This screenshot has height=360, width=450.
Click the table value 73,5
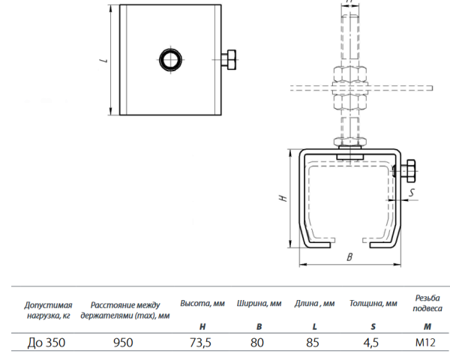200,343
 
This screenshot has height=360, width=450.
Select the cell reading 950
123,343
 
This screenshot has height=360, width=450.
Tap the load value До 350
46,343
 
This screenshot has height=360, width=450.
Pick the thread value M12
425,343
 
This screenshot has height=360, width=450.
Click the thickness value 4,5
370,343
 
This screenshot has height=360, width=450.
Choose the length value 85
313,343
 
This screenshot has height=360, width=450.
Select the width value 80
256,343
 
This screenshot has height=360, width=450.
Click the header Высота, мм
202,304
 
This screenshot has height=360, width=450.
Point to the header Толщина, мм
373,304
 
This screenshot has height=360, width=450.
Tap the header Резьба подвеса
427,303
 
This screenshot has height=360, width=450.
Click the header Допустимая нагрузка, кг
48,310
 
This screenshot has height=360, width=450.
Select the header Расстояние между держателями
125,310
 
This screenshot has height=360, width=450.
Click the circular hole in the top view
171,60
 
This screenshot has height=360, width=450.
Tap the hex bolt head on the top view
231,60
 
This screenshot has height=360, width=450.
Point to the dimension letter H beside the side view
283,198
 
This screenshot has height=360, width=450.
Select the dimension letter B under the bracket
349,257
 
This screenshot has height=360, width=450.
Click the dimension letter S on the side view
412,192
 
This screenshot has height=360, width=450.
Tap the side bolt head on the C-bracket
411,171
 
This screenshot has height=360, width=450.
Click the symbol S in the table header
373,327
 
